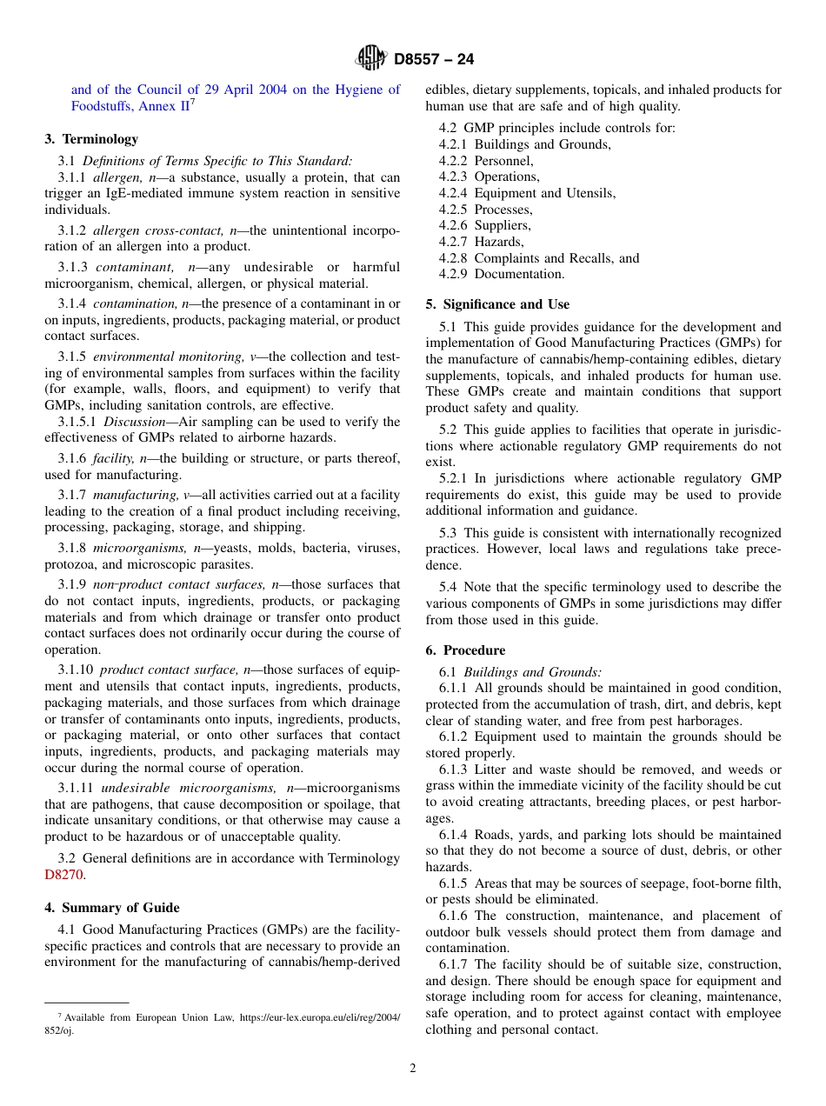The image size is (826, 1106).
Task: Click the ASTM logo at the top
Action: tap(371, 58)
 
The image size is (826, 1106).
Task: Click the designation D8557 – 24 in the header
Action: tap(434, 59)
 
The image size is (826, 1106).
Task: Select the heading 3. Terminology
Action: tap(91, 139)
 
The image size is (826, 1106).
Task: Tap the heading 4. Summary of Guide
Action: tap(112, 908)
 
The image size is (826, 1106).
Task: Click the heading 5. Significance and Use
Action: tap(497, 304)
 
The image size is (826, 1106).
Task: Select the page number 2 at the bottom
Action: tap(413, 1069)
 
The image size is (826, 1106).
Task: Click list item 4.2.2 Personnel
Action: tap(486, 161)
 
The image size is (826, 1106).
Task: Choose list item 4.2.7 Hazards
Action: tap(481, 242)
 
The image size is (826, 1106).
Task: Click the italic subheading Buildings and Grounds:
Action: tap(532, 672)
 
